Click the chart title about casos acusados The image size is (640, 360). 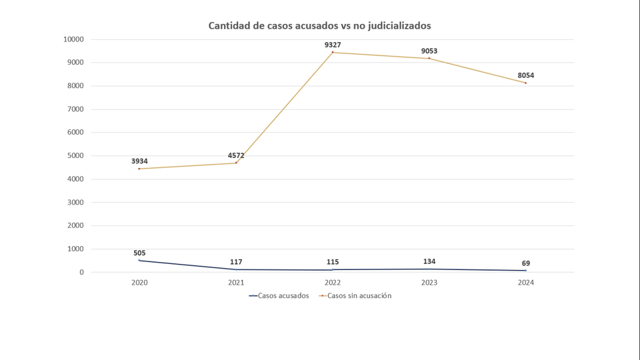pos(319,26)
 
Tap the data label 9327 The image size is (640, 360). pos(333,45)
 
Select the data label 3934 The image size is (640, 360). pos(139,161)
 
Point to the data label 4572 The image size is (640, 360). pos(236,155)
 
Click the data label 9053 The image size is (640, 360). pos(429,51)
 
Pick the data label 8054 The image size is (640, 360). pos(525,75)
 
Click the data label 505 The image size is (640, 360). pos(139,253)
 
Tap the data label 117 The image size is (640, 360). pos(236,262)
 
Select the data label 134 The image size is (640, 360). pos(429,261)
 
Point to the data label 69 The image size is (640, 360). pos(525,263)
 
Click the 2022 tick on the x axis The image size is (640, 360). pos(333,283)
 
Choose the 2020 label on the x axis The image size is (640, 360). pos(139,283)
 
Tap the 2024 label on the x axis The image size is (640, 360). pos(525,283)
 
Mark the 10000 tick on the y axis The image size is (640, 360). pos(73,39)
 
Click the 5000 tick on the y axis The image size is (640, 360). pos(75,156)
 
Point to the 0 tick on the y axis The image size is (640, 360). pos(81,272)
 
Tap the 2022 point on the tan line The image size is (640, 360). pos(333,53)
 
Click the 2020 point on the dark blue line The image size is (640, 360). pos(139,260)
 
